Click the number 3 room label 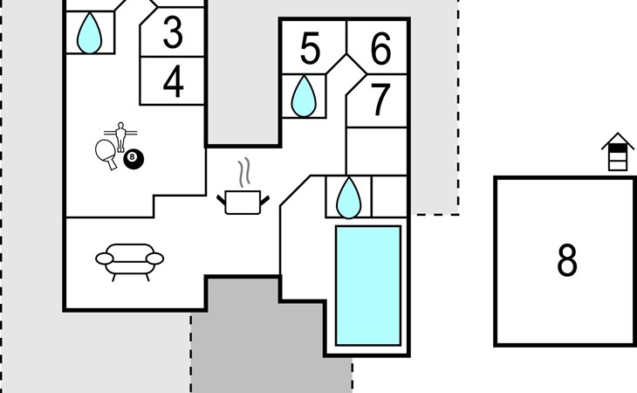[173, 32]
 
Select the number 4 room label [173, 82]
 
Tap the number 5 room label [310, 48]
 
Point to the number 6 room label [380, 49]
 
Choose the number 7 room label [380, 100]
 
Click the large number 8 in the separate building [566, 260]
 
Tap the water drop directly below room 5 [304, 96]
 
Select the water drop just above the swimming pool [348, 198]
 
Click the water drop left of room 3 [89, 33]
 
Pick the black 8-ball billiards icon [134, 159]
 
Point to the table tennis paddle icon [106, 153]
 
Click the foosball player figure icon [120, 137]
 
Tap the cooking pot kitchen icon [243, 203]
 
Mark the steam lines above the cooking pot [243, 173]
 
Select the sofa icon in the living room [130, 262]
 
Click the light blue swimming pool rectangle [368, 286]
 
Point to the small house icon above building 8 [618, 152]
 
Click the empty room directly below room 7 [377, 151]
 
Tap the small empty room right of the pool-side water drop [389, 196]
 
